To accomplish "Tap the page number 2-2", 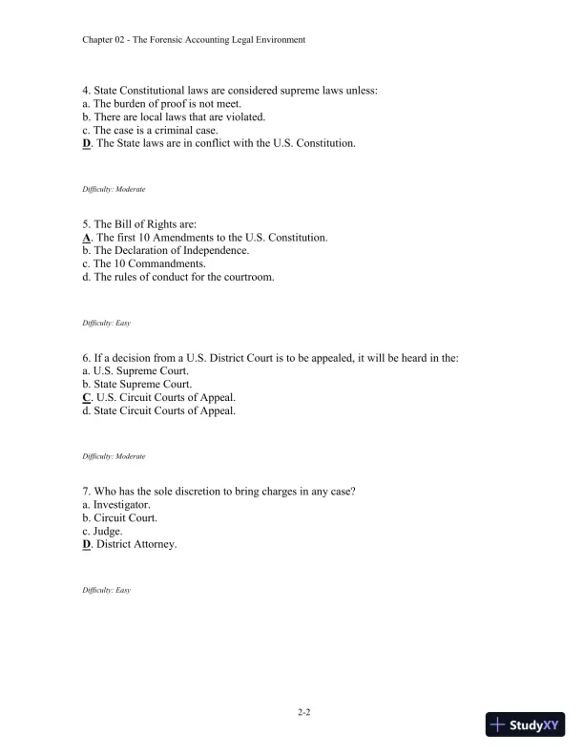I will click(x=302, y=712).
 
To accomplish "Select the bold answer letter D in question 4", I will click(x=87, y=143).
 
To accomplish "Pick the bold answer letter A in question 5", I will click(x=87, y=237).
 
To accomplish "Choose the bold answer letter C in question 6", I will click(x=87, y=397).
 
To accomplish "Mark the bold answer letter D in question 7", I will click(x=87, y=545).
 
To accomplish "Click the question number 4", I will click(x=86, y=91).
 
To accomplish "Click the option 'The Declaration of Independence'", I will click(x=171, y=250).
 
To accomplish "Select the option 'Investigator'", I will click(x=122, y=505).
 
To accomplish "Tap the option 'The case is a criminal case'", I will click(x=153, y=130).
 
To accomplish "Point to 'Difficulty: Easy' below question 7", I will click(x=106, y=591).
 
